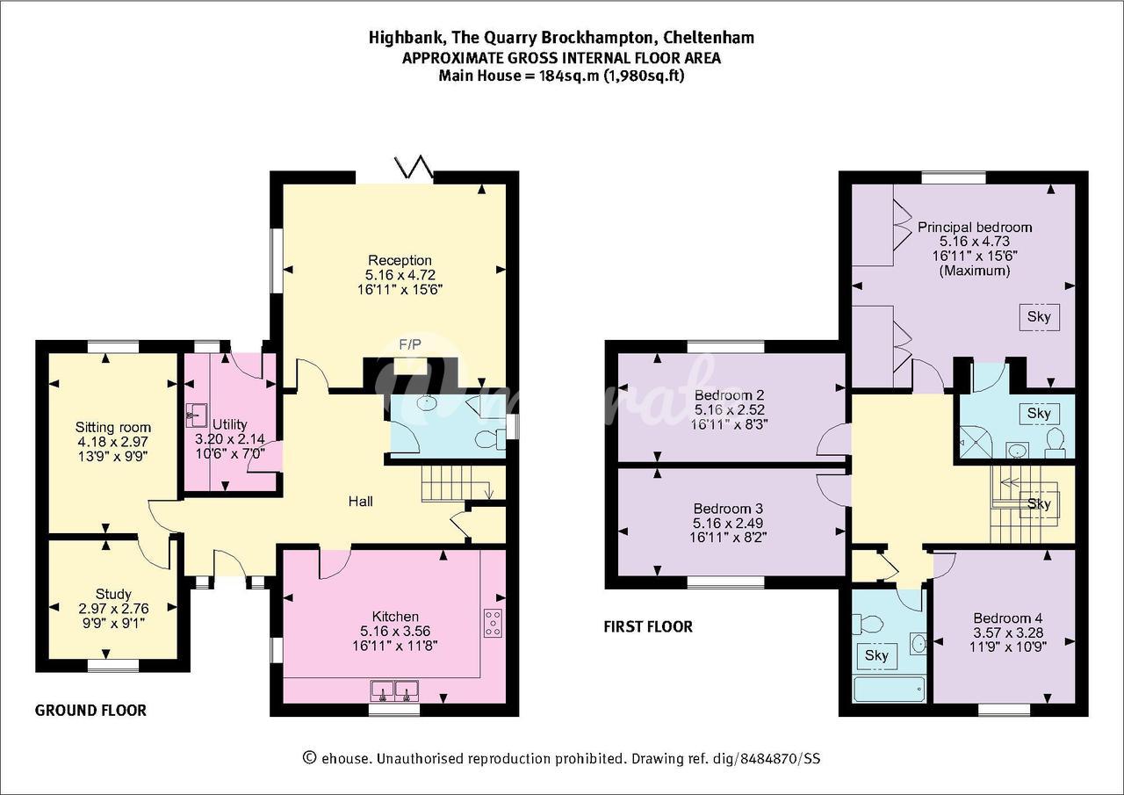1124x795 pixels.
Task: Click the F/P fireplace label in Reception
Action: pos(410,344)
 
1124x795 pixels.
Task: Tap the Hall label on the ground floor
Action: pos(360,502)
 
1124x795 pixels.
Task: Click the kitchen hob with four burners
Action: pos(493,624)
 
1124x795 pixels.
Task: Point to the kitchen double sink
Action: pos(394,690)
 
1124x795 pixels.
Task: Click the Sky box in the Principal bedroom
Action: pos(1039,317)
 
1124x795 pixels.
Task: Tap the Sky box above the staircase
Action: pos(1039,503)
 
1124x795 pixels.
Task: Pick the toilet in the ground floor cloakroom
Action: pos(490,439)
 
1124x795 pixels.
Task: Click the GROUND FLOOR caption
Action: pos(90,710)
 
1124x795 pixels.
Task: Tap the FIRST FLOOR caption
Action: pos(648,626)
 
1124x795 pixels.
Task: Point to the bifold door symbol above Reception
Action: pos(414,167)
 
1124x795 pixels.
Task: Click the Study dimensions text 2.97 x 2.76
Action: pos(113,609)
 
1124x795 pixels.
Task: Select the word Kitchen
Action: pos(395,617)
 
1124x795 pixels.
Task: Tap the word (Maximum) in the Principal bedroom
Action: pos(975,271)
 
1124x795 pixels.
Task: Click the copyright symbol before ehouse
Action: pos(310,758)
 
